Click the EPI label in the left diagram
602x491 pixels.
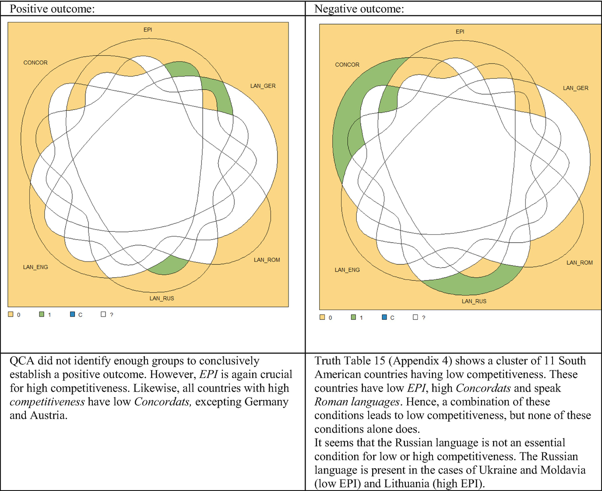click(x=148, y=30)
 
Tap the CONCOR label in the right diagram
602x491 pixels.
click(x=347, y=65)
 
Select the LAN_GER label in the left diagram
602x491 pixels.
click(x=263, y=86)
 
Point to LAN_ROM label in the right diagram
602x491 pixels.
click(x=580, y=263)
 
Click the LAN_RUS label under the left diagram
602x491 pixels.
click(x=162, y=298)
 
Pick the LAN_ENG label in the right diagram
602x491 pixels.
click(x=347, y=270)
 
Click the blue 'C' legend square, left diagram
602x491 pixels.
click(x=73, y=314)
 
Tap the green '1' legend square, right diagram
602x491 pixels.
click(x=353, y=317)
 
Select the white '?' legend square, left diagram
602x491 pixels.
click(x=103, y=314)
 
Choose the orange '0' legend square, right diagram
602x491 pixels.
click(x=322, y=317)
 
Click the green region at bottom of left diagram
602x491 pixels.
click(x=169, y=266)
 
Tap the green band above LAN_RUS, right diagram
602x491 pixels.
click(x=473, y=285)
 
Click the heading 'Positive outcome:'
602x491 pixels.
click(x=52, y=9)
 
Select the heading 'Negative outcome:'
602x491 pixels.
click(x=359, y=9)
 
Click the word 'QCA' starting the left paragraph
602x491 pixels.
click(x=21, y=360)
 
